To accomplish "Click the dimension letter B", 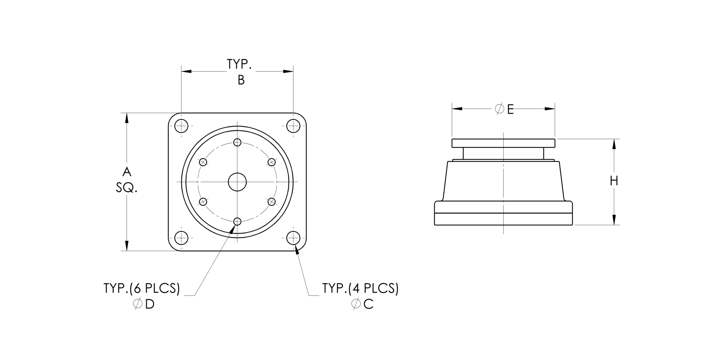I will pos(241,80).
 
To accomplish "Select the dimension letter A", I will pos(127,172).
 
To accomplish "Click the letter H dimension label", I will pos(614,181).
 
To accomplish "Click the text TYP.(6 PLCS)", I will pos(141,288).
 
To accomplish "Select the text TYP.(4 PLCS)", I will pos(360,288).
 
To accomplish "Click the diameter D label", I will pos(144,305).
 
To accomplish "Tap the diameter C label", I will pos(363,305).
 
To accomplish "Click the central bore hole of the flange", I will pos(237,182).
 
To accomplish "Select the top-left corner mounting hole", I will pos(181,126).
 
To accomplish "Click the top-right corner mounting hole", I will pos(293,126).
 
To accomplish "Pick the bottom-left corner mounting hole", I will pos(181,238).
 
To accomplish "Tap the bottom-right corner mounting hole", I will pos(293,238).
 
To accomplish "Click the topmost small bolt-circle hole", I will pos(237,142).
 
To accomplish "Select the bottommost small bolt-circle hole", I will pos(237,221).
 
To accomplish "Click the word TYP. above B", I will pos(239,64).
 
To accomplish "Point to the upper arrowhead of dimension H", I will pos(614,144).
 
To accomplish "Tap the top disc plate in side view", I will pos(503,143).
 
